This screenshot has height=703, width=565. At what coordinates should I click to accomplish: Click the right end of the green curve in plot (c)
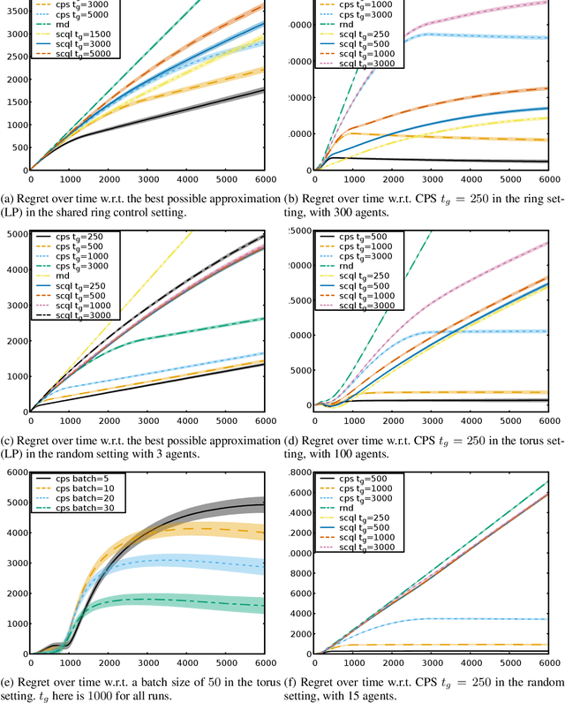tap(264, 318)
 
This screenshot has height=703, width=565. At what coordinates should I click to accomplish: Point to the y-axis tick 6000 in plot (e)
tap(17, 473)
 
